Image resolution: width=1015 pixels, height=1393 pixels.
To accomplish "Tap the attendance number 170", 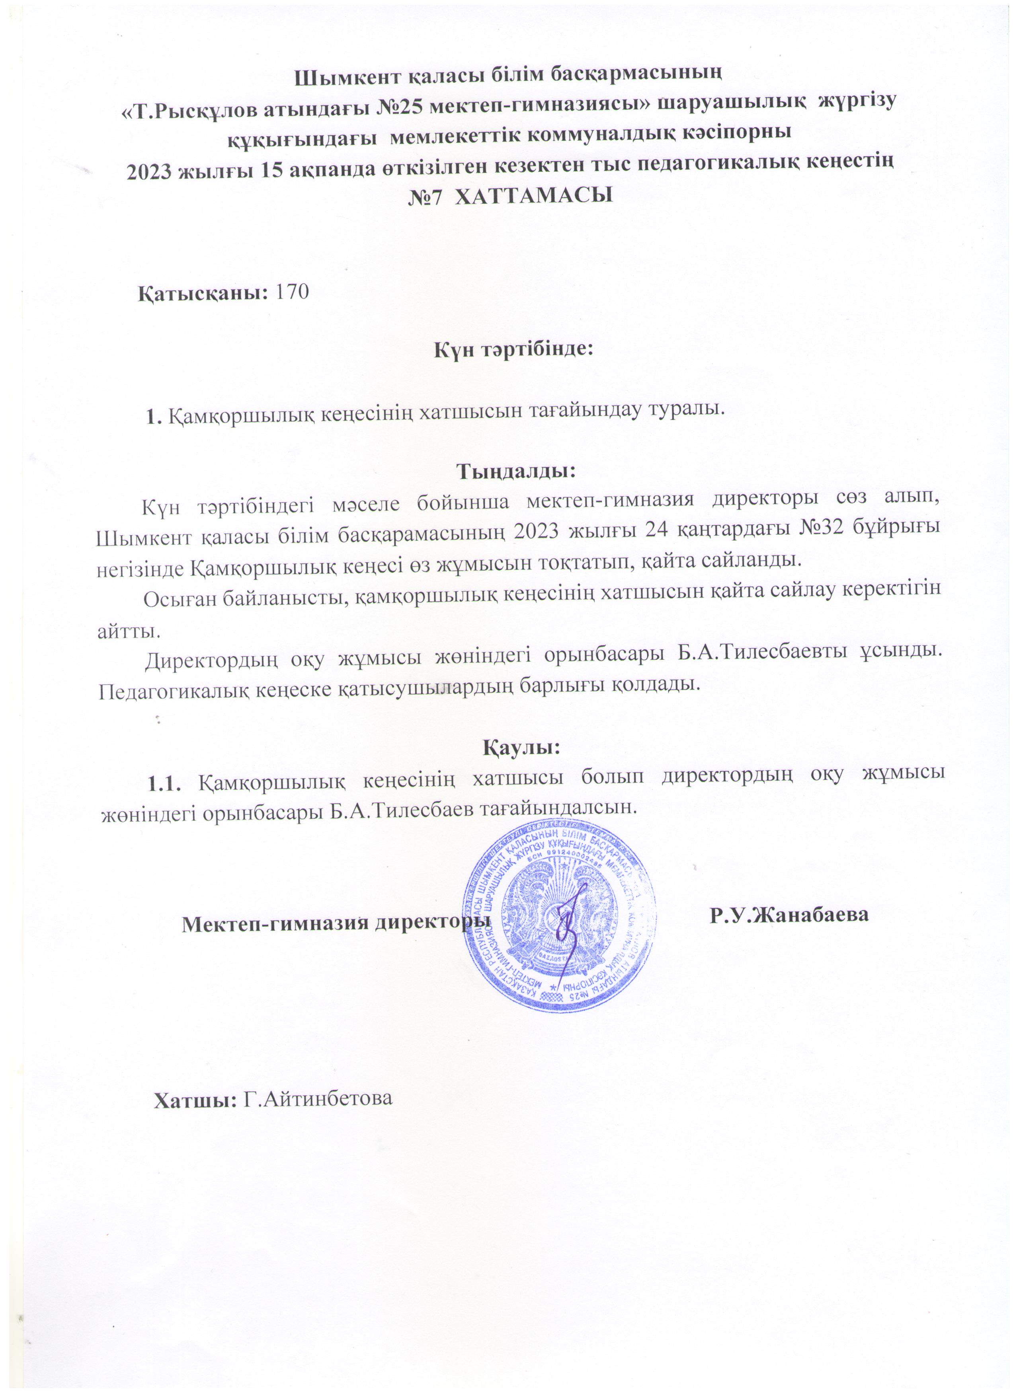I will [293, 292].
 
